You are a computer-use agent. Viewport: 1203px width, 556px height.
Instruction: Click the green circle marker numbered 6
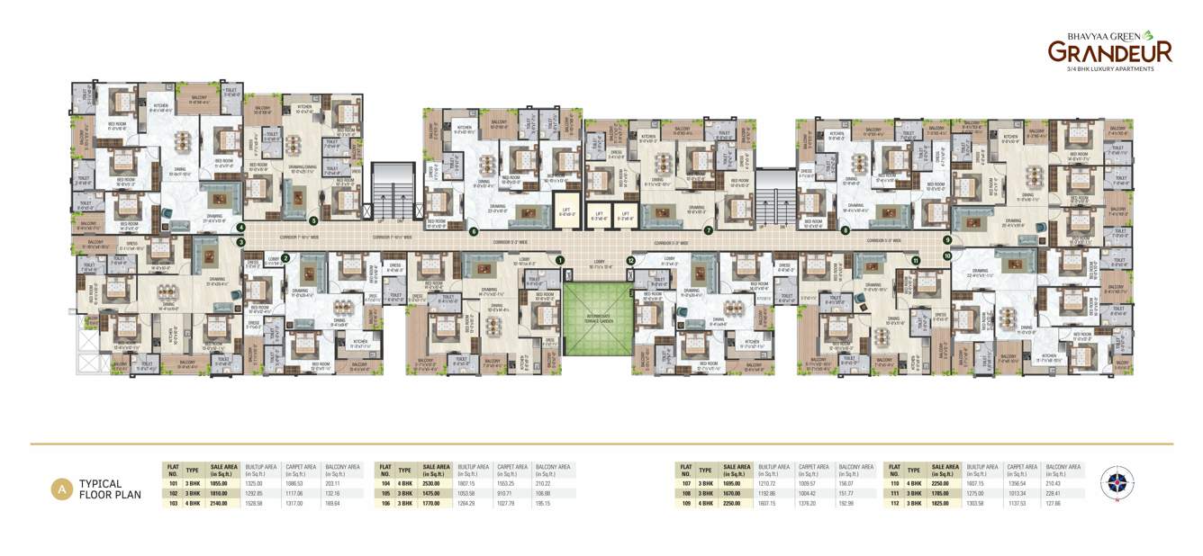tap(474, 231)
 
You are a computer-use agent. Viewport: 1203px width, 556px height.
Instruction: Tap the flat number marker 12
tap(631, 260)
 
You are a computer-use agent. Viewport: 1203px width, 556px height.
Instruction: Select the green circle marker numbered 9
tap(947, 240)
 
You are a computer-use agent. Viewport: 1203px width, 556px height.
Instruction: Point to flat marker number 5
tap(313, 220)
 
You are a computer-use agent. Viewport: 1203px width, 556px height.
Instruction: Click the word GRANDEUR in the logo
tap(1109, 52)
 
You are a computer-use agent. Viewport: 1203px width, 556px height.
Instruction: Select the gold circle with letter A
tap(61, 489)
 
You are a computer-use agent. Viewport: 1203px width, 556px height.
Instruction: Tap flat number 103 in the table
tap(172, 503)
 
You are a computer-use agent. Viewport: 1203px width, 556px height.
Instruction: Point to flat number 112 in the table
tap(894, 503)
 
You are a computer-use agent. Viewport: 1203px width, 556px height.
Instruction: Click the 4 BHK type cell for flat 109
tap(705, 503)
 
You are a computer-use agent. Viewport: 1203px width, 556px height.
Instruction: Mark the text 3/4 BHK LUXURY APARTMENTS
tap(1109, 69)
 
